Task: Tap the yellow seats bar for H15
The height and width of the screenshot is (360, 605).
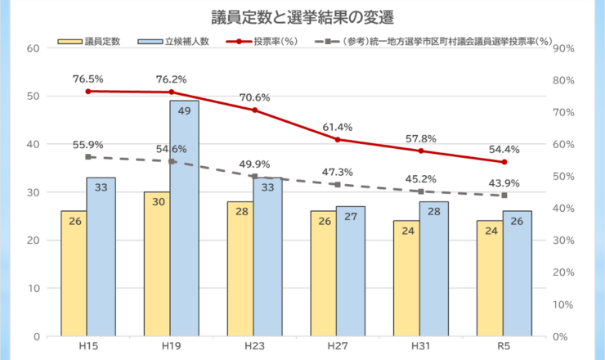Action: point(74,273)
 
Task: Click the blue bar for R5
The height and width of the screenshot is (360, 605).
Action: point(517,273)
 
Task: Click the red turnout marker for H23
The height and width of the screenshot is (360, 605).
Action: point(254,110)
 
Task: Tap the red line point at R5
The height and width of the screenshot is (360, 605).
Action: point(504,162)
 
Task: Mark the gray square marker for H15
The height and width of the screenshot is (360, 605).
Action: point(88,157)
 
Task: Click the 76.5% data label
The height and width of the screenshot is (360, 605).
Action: point(87,79)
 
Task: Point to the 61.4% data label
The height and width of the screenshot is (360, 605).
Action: point(337,127)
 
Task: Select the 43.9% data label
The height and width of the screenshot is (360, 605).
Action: point(504,182)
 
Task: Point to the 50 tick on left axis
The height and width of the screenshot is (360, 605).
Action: point(34,96)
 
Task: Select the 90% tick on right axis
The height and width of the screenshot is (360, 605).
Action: point(565,47)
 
